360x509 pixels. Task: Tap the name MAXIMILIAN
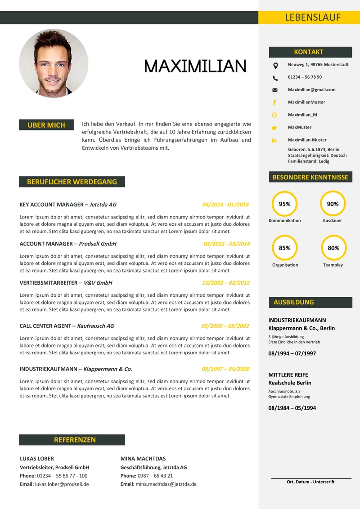pyautogui.click(x=195, y=67)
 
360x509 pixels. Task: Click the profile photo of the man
pyautogui.click(x=54, y=63)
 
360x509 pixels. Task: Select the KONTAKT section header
pyautogui.click(x=309, y=52)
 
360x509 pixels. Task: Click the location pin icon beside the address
pyautogui.click(x=275, y=66)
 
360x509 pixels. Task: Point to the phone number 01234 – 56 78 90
pyautogui.click(x=305, y=77)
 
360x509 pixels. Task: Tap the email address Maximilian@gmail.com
pyautogui.click(x=311, y=90)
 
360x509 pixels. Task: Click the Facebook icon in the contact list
pyautogui.click(x=275, y=103)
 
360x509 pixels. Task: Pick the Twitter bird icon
pyautogui.click(x=275, y=128)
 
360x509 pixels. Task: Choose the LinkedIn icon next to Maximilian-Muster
pyautogui.click(x=274, y=140)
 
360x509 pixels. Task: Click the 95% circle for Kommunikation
pyautogui.click(x=285, y=204)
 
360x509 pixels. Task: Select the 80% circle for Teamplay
pyautogui.click(x=333, y=248)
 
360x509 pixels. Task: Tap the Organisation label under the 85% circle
pyautogui.click(x=285, y=265)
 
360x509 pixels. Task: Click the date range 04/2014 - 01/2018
pyautogui.click(x=225, y=205)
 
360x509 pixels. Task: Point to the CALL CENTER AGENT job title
pyautogui.click(x=45, y=326)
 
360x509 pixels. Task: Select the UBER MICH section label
pyautogui.click(x=46, y=125)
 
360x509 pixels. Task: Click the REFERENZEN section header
pyautogui.click(x=75, y=440)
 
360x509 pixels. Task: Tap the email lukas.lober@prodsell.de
pyautogui.click(x=62, y=484)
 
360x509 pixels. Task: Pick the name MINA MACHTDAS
pyautogui.click(x=143, y=459)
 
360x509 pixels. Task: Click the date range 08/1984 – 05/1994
pyautogui.click(x=292, y=408)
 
